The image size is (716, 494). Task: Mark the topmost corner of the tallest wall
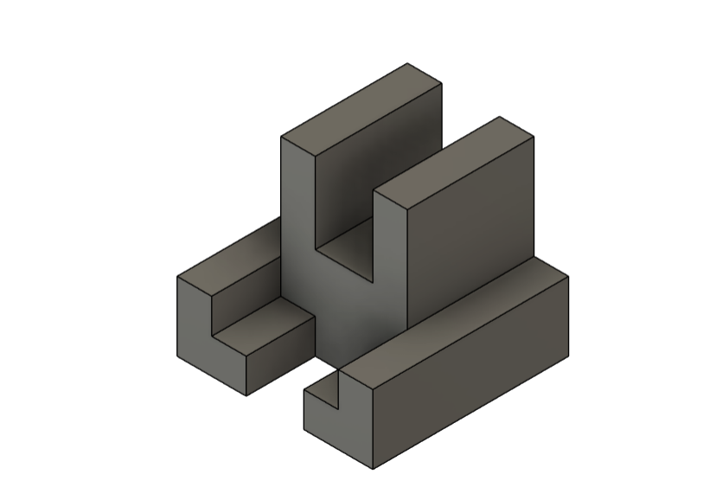click(x=408, y=63)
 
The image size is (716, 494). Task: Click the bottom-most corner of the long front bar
click(x=373, y=469)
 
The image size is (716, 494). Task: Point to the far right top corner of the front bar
click(x=568, y=275)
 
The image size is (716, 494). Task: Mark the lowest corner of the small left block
click(x=246, y=395)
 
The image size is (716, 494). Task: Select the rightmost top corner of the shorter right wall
click(x=533, y=137)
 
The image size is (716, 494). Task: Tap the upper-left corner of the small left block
click(x=177, y=277)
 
